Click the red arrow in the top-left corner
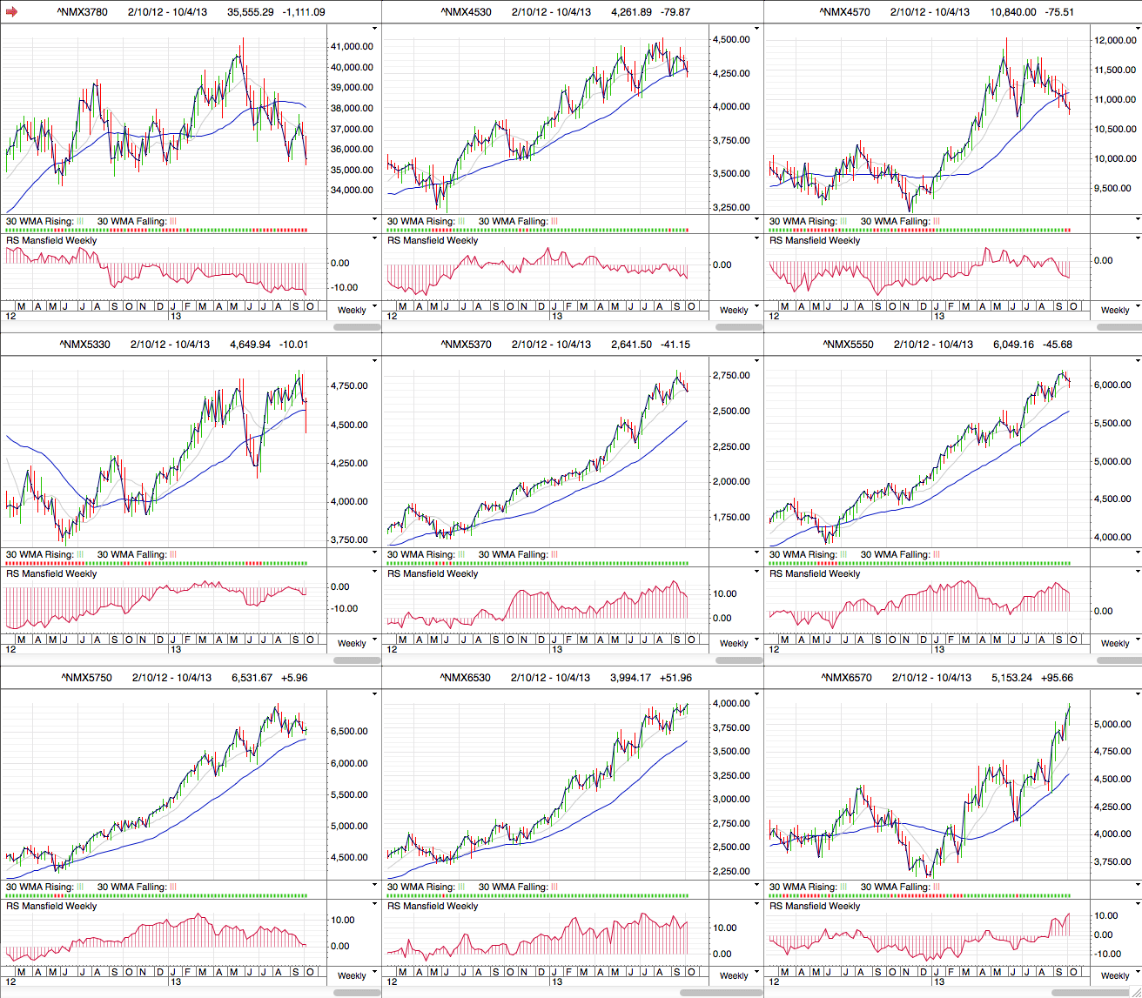pyautogui.click(x=11, y=12)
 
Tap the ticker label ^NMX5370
pyautogui.click(x=466, y=345)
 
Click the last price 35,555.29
pyautogui.click(x=251, y=12)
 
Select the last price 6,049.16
pyautogui.click(x=1016, y=345)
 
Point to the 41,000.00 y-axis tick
pyautogui.click(x=353, y=46)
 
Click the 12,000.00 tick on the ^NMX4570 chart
pyautogui.click(x=1115, y=41)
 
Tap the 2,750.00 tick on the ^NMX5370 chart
pyautogui.click(x=731, y=376)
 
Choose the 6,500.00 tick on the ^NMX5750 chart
pyautogui.click(x=348, y=732)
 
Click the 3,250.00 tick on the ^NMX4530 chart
pyautogui.click(x=731, y=208)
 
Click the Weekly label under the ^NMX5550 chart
pyautogui.click(x=1114, y=644)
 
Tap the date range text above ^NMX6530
pyautogui.click(x=550, y=678)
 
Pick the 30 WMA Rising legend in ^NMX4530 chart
pyautogui.click(x=421, y=222)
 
